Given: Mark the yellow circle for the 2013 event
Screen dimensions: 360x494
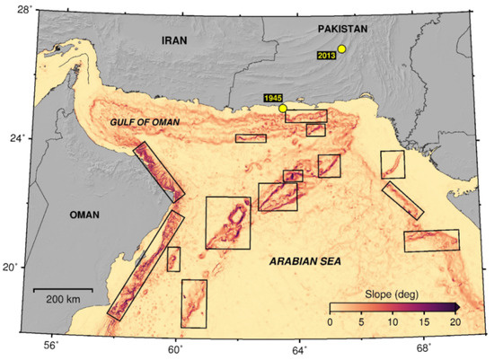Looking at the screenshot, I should click(341, 49).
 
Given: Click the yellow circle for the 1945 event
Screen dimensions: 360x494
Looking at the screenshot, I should click(283, 109).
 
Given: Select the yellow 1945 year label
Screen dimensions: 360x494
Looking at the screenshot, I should click(273, 98).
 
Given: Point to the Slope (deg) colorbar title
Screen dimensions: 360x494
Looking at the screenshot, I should click(388, 294).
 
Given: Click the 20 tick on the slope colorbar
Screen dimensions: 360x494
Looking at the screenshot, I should click(454, 322).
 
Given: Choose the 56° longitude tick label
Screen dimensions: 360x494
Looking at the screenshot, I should click(52, 347).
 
